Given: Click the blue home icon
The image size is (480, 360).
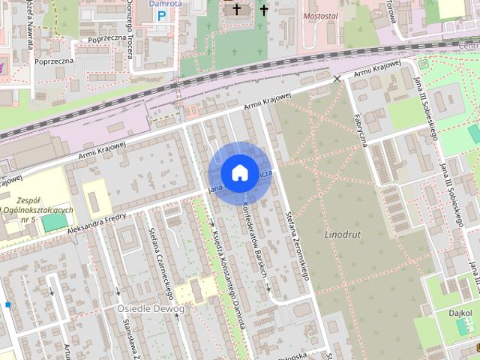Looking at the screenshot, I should (x=239, y=172).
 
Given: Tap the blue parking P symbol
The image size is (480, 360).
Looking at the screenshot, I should (x=162, y=15).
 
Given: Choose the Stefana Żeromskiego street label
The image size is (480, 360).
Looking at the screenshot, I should (x=298, y=244).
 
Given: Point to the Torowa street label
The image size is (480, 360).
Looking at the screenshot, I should (x=390, y=10).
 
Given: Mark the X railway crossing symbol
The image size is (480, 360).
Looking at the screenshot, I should (x=337, y=78).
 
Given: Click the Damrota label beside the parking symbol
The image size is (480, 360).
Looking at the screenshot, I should (x=166, y=3).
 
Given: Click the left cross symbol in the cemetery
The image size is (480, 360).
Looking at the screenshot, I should (x=238, y=10).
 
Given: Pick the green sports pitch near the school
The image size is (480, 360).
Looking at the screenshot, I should (x=53, y=222).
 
